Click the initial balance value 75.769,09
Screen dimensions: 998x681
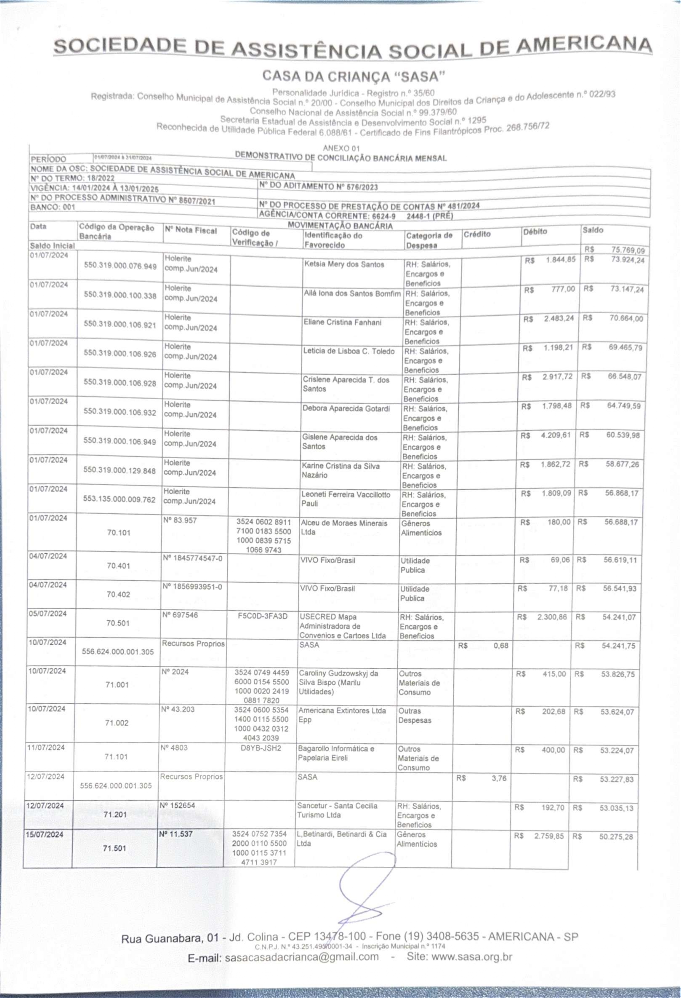pos(628,250)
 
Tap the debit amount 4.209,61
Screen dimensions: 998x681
pos(556,435)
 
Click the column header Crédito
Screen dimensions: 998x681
pos(477,234)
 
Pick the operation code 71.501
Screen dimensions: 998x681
pos(115,848)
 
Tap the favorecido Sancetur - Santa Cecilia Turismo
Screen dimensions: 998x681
pos(337,810)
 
